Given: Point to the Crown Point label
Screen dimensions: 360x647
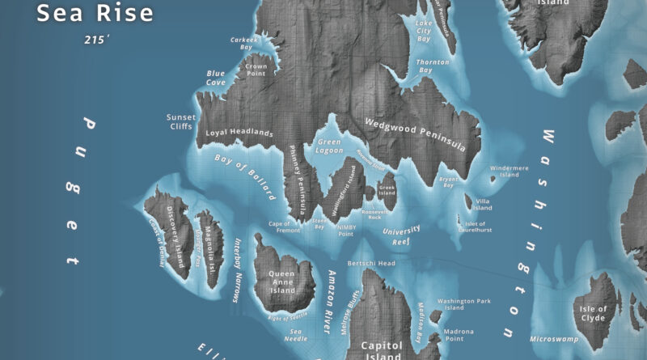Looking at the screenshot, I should pyautogui.click(x=256, y=70).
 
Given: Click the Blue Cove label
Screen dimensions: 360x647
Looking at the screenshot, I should pyautogui.click(x=216, y=78).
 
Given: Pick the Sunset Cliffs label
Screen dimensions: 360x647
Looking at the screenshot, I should pyautogui.click(x=182, y=121).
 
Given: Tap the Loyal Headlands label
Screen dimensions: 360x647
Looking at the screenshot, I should pyautogui.click(x=239, y=133).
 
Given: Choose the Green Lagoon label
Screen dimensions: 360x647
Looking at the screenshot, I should pyautogui.click(x=330, y=146).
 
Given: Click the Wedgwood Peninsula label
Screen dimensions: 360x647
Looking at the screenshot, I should pyautogui.click(x=415, y=134).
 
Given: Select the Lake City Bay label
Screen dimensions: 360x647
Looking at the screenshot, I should pyautogui.click(x=424, y=35).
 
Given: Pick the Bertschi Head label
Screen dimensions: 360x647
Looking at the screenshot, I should pyautogui.click(x=370, y=264).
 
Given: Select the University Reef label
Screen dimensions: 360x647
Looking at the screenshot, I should pyautogui.click(x=400, y=235).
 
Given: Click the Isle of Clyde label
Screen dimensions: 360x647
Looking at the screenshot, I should pyautogui.click(x=593, y=313).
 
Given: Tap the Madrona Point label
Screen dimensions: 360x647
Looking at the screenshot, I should pyautogui.click(x=459, y=335).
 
